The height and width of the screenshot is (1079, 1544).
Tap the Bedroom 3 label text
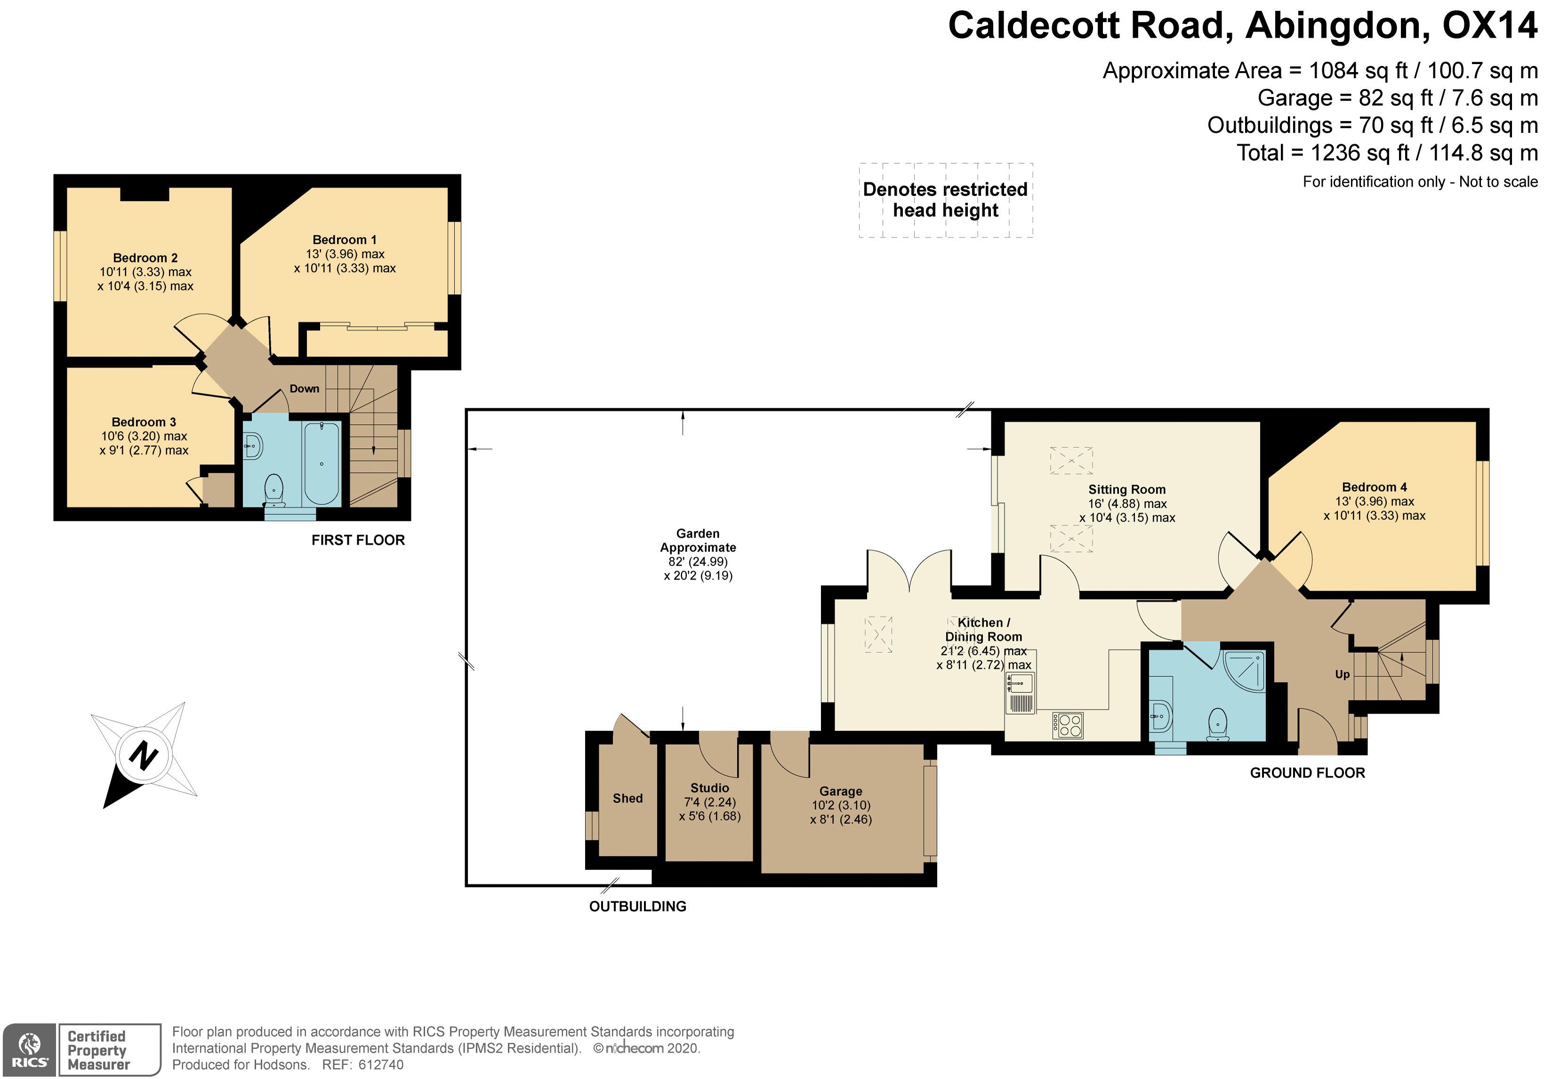click(144, 422)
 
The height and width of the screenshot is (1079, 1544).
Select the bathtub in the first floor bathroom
click(322, 463)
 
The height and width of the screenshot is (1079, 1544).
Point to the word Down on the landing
click(304, 389)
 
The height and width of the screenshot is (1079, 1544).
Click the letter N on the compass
click(143, 755)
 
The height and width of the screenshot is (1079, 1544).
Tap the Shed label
click(627, 798)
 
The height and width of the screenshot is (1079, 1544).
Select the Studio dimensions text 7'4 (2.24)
click(709, 803)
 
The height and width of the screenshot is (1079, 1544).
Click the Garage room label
click(841, 792)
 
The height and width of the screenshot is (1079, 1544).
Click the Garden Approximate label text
click(698, 541)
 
